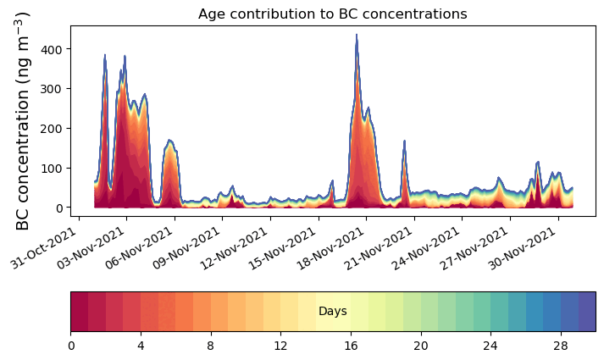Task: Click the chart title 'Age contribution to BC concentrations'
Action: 332,14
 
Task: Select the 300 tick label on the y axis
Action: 52,89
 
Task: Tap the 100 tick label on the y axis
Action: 52,168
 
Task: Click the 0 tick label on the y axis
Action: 59,208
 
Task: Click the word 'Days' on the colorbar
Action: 332,312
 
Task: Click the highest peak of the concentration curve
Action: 357,36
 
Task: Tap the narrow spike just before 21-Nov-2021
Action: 405,141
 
